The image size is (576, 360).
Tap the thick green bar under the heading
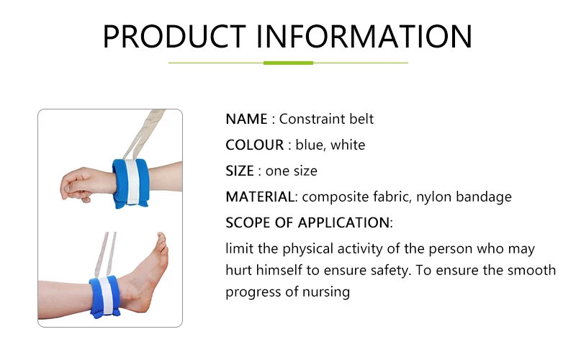(x=288, y=63)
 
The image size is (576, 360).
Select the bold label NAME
(x=246, y=119)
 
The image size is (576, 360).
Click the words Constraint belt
(x=326, y=119)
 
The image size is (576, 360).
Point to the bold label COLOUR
(x=255, y=145)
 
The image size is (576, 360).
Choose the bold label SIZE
(x=240, y=171)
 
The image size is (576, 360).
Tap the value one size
(x=291, y=171)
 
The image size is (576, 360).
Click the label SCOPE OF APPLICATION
(x=307, y=222)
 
